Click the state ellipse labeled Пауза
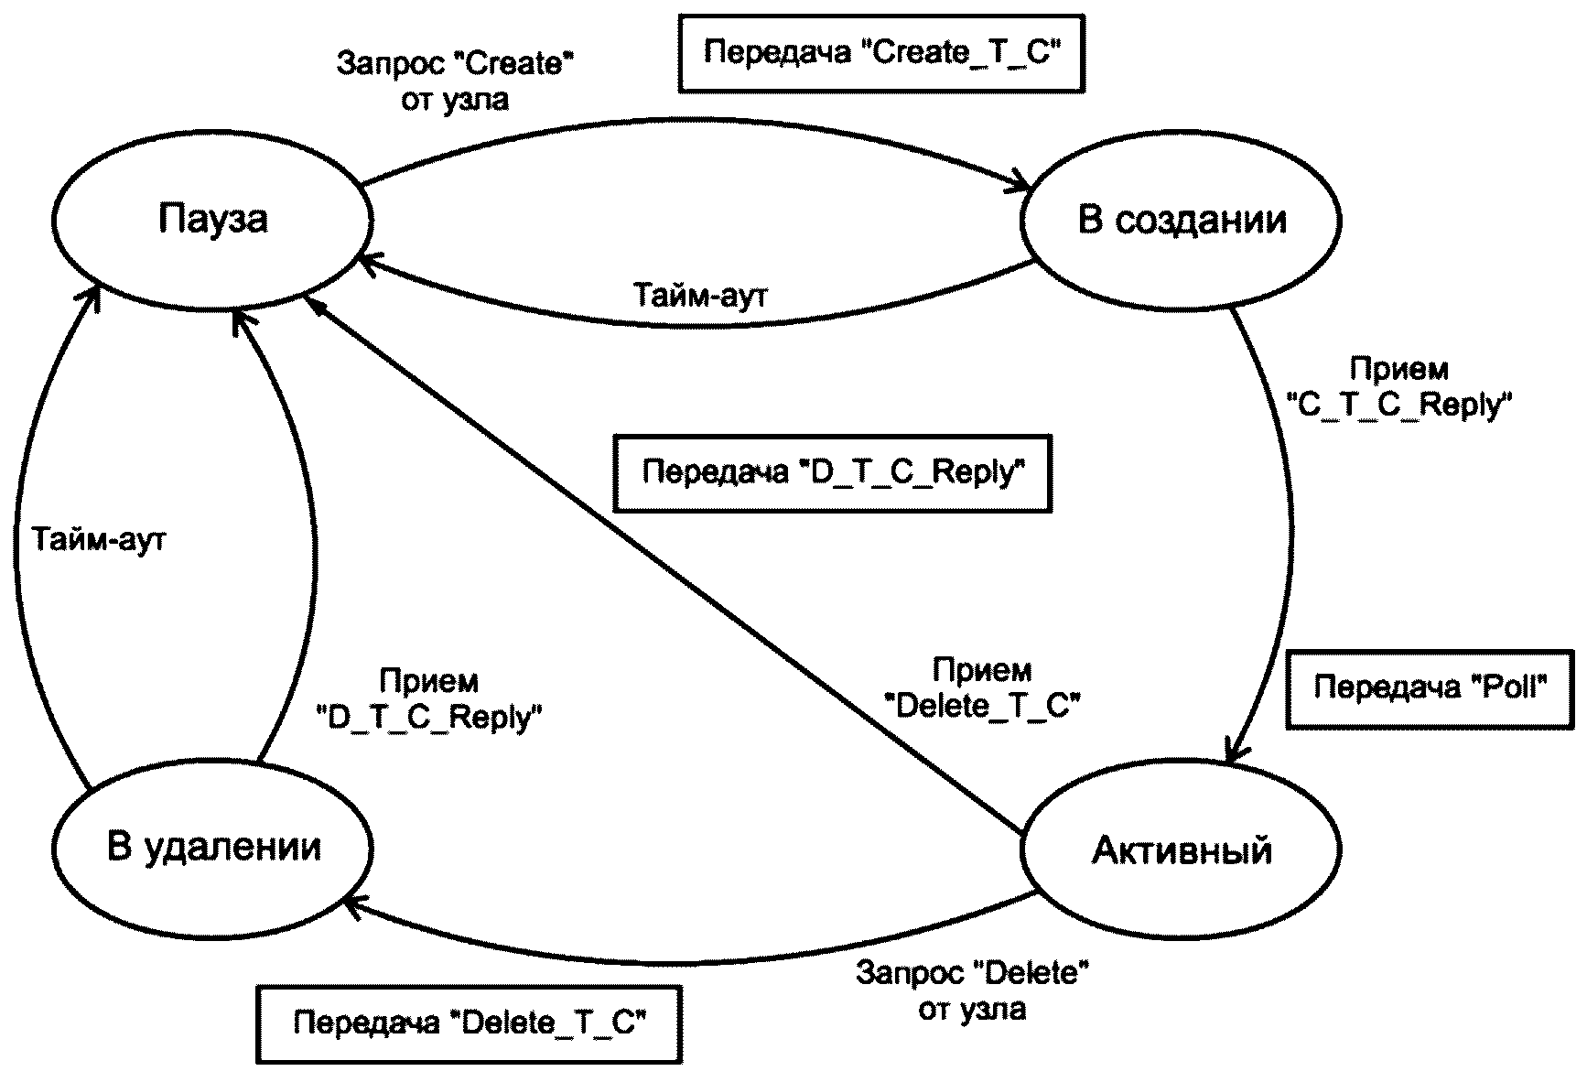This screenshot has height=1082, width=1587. click(x=212, y=221)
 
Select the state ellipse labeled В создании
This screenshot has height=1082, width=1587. click(x=1181, y=221)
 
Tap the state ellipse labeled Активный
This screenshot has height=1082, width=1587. click(x=1181, y=850)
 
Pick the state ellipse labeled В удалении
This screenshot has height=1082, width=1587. click(x=212, y=847)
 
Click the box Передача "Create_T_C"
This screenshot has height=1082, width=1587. click(x=880, y=53)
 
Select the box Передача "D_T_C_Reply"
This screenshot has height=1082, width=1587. click(x=832, y=472)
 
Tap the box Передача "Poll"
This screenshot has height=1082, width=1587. click(x=1430, y=688)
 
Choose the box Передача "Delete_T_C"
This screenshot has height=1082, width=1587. click(x=470, y=1023)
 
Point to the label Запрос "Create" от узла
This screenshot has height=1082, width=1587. click(x=455, y=81)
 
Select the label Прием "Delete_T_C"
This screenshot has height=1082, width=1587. click(x=982, y=687)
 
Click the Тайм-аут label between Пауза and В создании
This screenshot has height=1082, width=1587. click(x=700, y=296)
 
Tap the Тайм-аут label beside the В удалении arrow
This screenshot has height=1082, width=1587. click(x=99, y=539)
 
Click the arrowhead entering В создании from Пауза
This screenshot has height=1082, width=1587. click(x=1022, y=186)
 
